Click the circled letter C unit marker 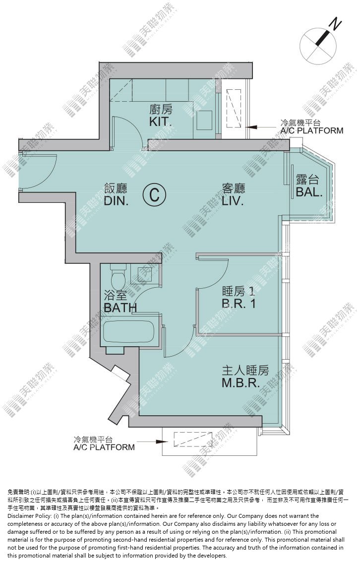(154, 195)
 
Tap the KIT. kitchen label (161, 122)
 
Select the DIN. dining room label (116, 201)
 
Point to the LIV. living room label (233, 201)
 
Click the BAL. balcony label (309, 191)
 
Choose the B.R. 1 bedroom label (239, 304)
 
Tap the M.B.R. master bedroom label (240, 382)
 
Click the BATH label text (120, 308)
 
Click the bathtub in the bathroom (129, 331)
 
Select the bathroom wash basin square (138, 273)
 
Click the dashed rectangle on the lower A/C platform (190, 440)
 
